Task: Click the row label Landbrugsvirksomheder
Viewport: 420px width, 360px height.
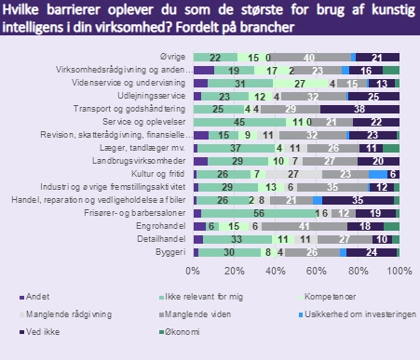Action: (x=147, y=160)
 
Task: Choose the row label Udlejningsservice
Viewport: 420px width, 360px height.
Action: (x=156, y=96)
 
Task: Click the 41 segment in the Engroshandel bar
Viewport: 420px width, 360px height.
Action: (x=304, y=225)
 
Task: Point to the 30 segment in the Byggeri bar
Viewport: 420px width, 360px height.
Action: (x=229, y=251)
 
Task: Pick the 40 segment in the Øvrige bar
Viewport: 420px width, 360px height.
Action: (x=308, y=57)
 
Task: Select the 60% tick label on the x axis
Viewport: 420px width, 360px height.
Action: (x=317, y=271)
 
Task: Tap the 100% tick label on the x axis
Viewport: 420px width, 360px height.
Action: (x=399, y=271)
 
